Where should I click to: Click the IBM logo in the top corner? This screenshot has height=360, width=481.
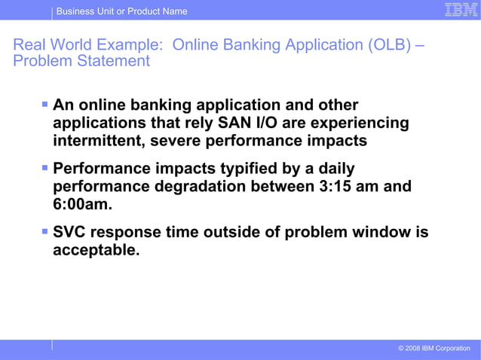pos(458,10)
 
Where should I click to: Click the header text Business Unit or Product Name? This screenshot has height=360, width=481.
pos(121,11)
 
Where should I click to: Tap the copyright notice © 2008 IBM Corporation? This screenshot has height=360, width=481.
pos(434,348)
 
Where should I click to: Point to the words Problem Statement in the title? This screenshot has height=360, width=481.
pos(81,62)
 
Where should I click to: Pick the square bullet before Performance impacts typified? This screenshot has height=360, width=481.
pos(45,167)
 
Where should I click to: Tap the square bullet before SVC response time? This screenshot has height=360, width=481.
pos(45,230)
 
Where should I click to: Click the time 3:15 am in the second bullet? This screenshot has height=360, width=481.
pos(366,186)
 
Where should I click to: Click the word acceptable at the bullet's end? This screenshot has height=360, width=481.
pos(96,251)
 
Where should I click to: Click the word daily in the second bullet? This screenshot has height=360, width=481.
pos(332,167)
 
